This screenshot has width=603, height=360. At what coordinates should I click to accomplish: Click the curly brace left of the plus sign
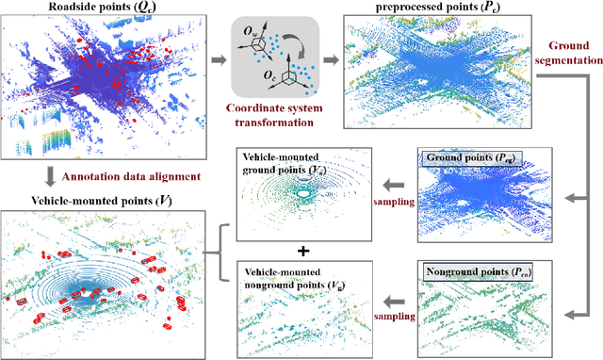[x=223, y=253]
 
